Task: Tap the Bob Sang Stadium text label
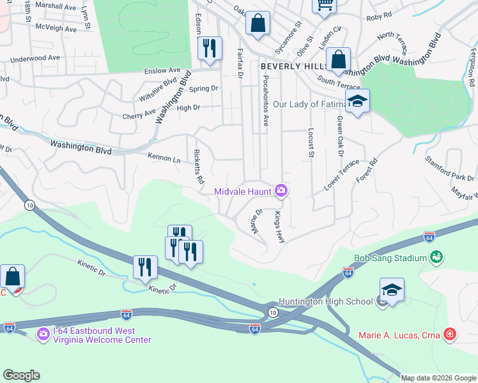pyautogui.click(x=390, y=259)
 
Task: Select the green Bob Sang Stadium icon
pyautogui.click(x=436, y=257)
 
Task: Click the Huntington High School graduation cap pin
pyautogui.click(x=392, y=290)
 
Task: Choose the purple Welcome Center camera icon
pyautogui.click(x=43, y=334)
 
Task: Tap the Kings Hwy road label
pyautogui.click(x=279, y=227)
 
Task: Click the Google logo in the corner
pyautogui.click(x=21, y=375)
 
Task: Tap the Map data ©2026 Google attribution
pyautogui.click(x=438, y=378)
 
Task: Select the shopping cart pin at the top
pyautogui.click(x=324, y=5)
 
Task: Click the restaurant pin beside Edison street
pyautogui.click(x=210, y=49)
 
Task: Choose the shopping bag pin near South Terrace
pyautogui.click(x=338, y=61)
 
